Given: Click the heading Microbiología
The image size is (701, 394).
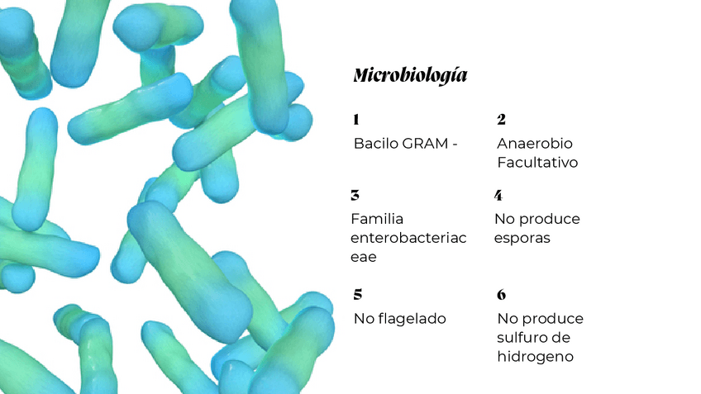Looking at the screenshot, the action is pos(409,76).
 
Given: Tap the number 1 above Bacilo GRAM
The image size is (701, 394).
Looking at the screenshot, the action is pos(355,121).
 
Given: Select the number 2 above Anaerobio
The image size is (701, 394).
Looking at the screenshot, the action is pos(501,121).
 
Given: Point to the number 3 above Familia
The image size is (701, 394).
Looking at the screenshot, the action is pos(355,196).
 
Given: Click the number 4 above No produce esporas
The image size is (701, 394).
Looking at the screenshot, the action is pos(498,196).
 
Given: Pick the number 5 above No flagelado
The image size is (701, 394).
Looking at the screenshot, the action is pos(357,294).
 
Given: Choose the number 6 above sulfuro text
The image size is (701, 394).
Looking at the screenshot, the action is pos(501,295).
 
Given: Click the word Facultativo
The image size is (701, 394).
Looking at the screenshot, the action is pos(536,163).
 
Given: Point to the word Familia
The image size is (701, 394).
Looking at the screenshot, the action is pos(376,219).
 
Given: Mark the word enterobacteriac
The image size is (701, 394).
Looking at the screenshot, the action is pos(408,238).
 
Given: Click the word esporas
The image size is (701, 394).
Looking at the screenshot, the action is pos(522,238).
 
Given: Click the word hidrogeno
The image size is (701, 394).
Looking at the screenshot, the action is pos(535,356).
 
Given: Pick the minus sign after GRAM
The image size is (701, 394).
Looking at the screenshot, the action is pos(454,145).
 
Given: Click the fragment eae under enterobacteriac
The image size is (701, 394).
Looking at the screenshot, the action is pos(364,257).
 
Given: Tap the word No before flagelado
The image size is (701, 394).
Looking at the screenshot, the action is pos(364,318).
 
